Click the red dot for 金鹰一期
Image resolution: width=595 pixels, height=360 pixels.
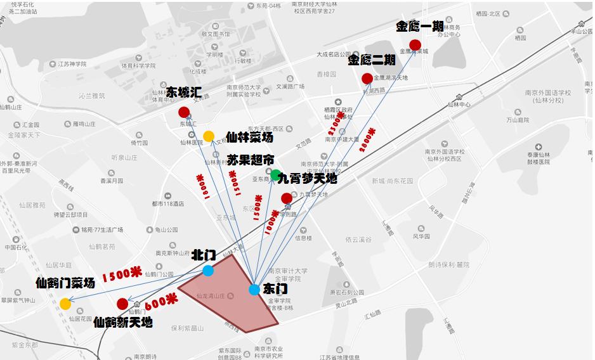(x=415, y=44)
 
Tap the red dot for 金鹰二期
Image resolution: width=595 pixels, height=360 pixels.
(x=367, y=79)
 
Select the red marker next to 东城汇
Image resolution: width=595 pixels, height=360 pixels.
(x=184, y=112)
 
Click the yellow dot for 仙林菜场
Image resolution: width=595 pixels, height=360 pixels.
(x=209, y=136)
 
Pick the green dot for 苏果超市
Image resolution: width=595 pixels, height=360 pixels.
(x=275, y=174)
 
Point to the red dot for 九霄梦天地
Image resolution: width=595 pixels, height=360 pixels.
(x=287, y=198)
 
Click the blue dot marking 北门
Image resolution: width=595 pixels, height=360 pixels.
(x=208, y=271)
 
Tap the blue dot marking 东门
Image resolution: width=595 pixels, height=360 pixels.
(x=254, y=290)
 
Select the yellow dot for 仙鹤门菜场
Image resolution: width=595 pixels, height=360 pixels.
(x=65, y=304)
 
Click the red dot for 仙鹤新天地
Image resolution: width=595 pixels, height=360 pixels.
(x=122, y=304)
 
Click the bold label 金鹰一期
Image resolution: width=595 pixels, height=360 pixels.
(x=420, y=27)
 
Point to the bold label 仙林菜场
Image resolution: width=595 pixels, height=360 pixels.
(x=249, y=137)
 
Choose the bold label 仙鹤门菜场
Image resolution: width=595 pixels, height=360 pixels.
(x=65, y=283)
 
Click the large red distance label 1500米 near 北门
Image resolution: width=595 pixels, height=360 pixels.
(x=122, y=273)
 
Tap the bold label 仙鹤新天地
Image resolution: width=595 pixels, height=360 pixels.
(x=123, y=323)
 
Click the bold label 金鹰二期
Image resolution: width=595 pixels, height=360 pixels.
(x=372, y=60)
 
